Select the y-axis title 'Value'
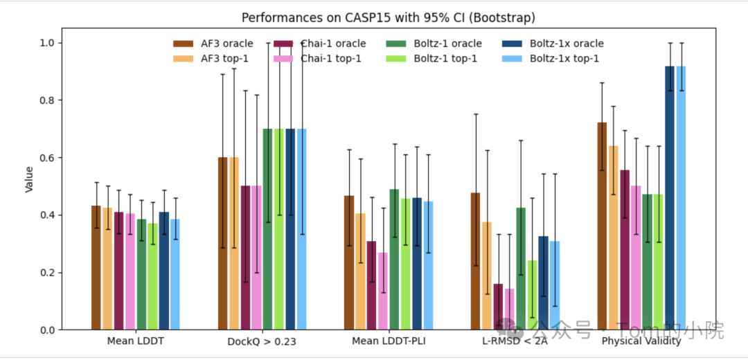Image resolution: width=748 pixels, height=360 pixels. coord(29,179)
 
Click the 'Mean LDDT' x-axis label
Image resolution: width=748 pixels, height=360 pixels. coord(135,341)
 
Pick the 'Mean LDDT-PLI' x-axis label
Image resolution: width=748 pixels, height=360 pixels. coord(389,341)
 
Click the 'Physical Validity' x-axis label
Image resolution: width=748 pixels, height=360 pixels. coord(641,341)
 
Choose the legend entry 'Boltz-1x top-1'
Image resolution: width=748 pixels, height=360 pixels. coord(564,58)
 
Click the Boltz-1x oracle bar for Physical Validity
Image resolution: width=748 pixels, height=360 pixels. coord(670,198)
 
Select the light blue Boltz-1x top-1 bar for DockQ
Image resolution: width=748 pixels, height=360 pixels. coord(302,229)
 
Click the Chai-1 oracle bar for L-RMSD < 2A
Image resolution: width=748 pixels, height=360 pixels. coord(498,307)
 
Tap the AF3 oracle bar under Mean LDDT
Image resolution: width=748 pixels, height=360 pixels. coord(96,268)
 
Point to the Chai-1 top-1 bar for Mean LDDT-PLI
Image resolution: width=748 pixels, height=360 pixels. coord(383,291)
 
